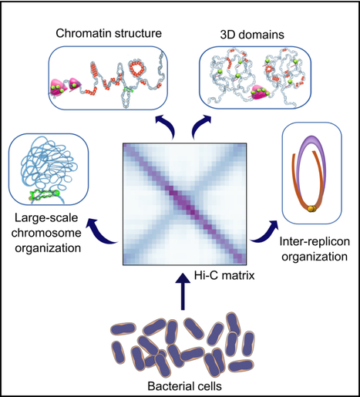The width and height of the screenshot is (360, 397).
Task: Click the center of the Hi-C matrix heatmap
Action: [x=183, y=204]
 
